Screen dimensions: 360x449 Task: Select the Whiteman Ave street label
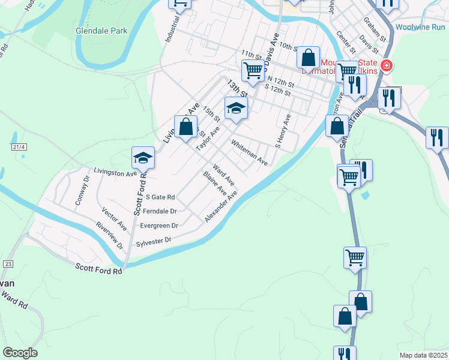tap(249, 152)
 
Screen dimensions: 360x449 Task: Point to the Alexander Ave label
tap(221, 206)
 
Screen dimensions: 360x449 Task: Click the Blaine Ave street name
tap(214, 184)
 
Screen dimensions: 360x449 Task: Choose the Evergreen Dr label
tap(158, 226)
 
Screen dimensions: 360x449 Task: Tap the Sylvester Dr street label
tap(154, 241)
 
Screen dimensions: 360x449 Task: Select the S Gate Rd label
tap(160, 197)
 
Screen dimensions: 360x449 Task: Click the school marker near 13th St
tap(236, 109)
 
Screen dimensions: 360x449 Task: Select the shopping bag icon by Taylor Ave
tap(186, 127)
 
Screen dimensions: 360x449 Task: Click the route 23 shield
tap(8, 263)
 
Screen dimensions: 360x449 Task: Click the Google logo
tap(20, 353)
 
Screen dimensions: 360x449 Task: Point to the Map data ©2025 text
tap(423, 355)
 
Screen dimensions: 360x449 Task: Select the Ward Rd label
tap(14, 299)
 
